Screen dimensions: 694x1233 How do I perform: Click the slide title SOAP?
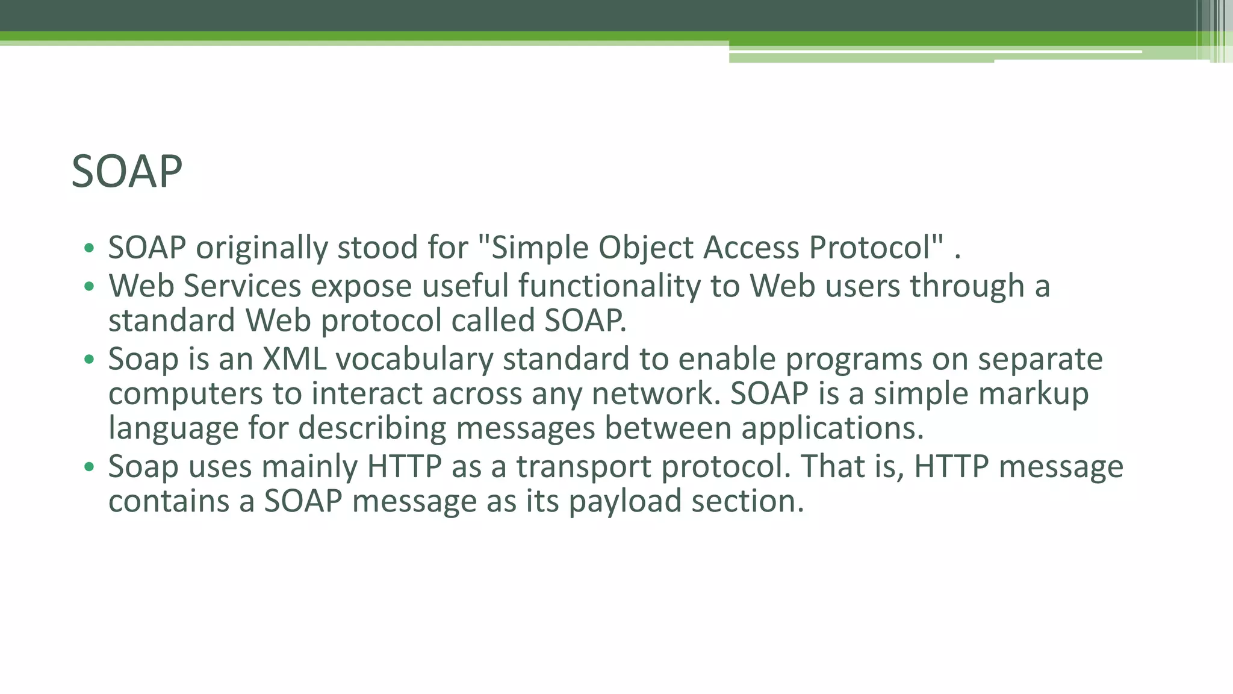tap(126, 172)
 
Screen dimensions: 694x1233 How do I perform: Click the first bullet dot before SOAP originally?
tap(89, 248)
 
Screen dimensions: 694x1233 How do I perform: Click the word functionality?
tap(609, 286)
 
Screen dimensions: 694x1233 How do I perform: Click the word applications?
tap(832, 428)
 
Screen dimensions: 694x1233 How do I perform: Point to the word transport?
tap(583, 467)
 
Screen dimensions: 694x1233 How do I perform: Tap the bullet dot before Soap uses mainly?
tap(89, 467)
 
